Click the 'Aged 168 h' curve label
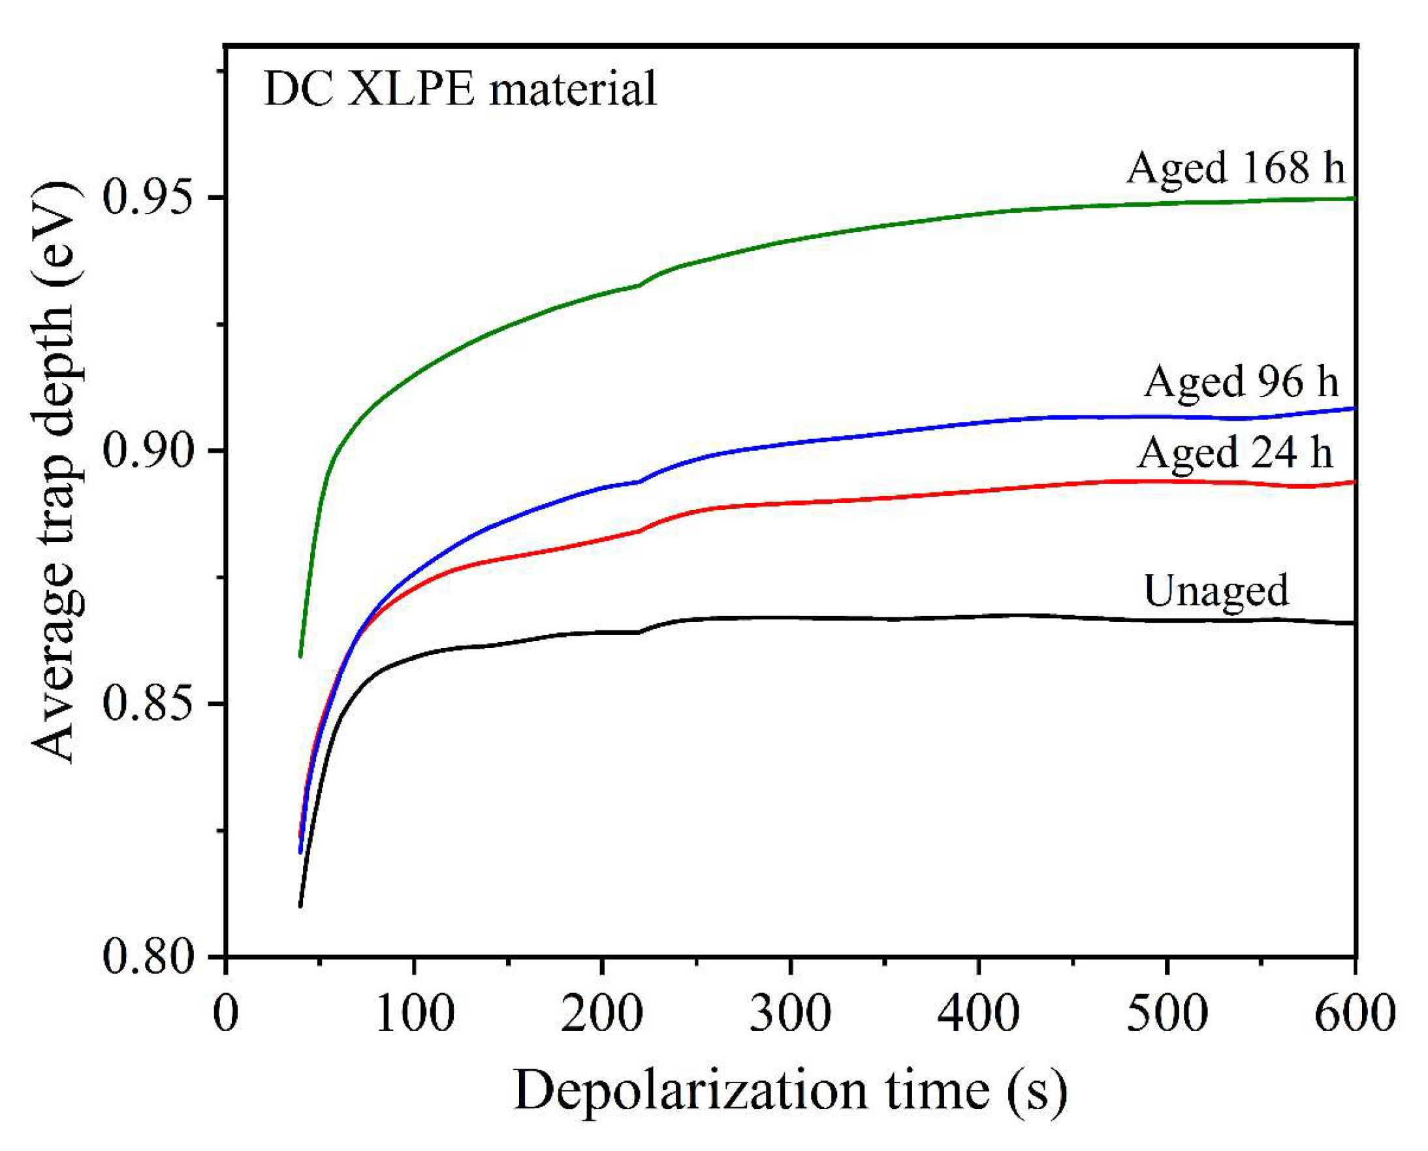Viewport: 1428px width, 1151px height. [1235, 167]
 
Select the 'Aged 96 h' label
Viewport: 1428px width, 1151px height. [1241, 382]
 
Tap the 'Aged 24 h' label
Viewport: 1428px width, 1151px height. [1235, 453]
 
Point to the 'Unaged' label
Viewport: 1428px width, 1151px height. [1216, 590]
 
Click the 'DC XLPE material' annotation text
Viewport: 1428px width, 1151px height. [460, 89]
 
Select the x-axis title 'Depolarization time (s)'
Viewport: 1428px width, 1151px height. [790, 1090]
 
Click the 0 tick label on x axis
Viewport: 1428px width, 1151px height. [226, 1013]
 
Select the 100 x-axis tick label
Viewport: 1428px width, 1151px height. [415, 1013]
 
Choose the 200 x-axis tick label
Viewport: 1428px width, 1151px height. [602, 1013]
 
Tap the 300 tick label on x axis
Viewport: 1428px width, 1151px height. [791, 1013]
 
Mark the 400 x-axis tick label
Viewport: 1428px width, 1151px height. [979, 1013]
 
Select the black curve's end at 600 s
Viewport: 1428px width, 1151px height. [1353, 623]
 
